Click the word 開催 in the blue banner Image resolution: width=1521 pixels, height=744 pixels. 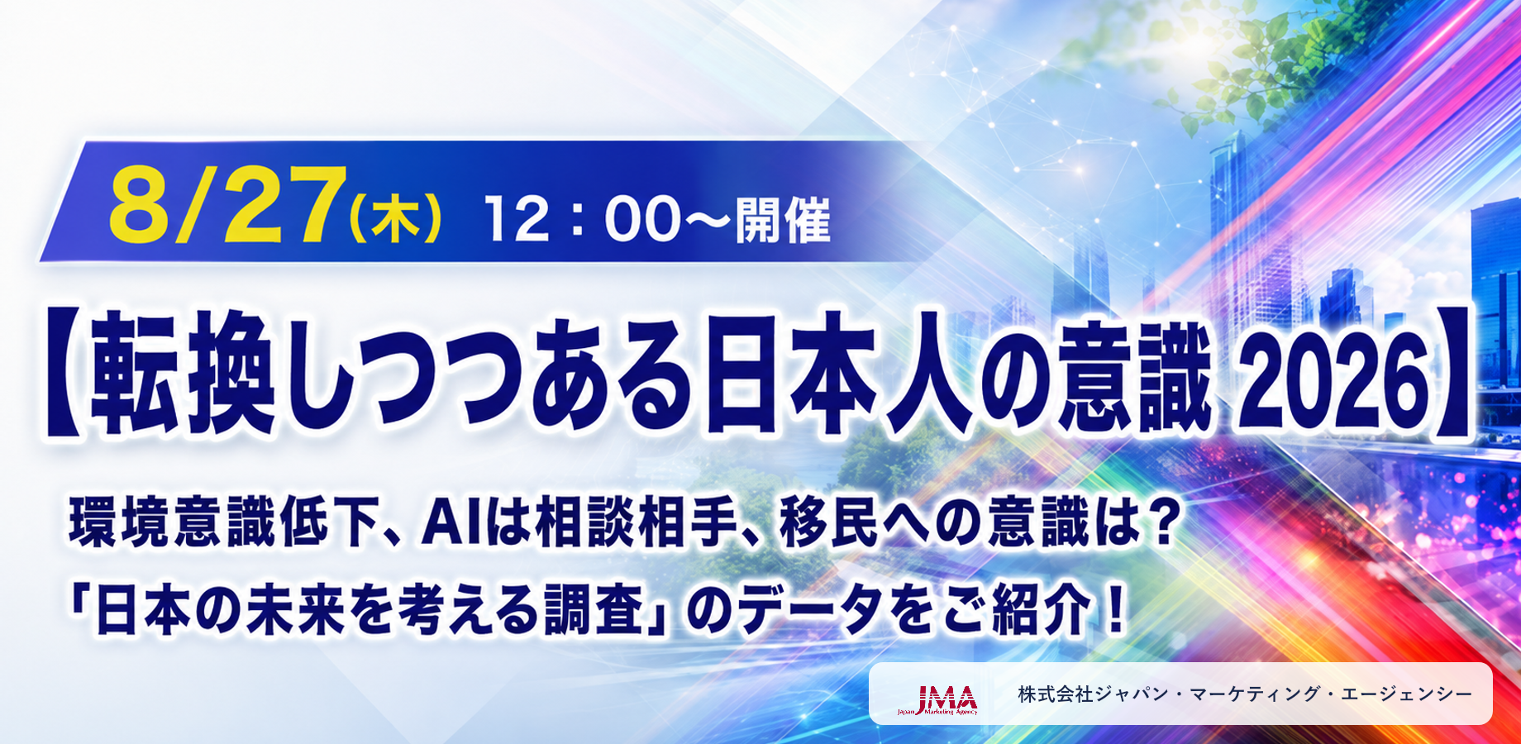click(782, 220)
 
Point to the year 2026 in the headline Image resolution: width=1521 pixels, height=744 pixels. click(1336, 373)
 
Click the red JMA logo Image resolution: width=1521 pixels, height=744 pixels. click(938, 699)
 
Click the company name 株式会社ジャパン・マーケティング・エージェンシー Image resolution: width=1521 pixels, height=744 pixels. click(1245, 694)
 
